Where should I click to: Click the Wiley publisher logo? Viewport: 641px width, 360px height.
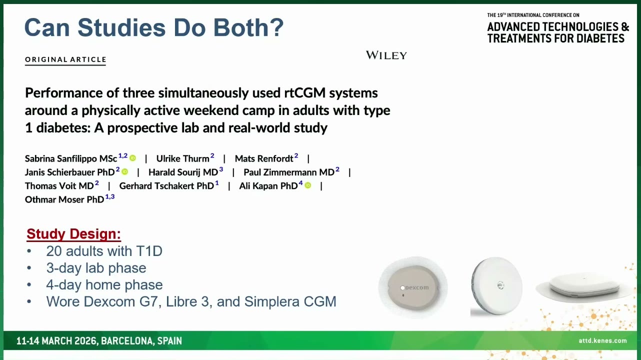click(x=386, y=55)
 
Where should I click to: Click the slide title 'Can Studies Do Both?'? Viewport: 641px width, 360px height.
click(x=154, y=28)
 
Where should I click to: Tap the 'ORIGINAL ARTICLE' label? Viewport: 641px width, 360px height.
click(x=65, y=59)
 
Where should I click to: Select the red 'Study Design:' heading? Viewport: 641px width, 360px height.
click(x=73, y=234)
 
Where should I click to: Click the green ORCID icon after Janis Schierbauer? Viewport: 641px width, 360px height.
click(x=125, y=171)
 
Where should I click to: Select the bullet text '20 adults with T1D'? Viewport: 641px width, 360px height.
click(x=104, y=251)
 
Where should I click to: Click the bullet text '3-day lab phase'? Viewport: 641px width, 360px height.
click(x=96, y=268)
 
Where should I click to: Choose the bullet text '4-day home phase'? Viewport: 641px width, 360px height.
click(x=104, y=284)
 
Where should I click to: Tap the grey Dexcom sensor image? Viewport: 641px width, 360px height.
click(x=413, y=287)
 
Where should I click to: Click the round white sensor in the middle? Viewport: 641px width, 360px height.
click(x=496, y=286)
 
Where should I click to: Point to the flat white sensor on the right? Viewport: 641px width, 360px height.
click(x=584, y=287)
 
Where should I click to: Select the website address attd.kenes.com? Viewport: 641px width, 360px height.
click(x=602, y=340)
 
